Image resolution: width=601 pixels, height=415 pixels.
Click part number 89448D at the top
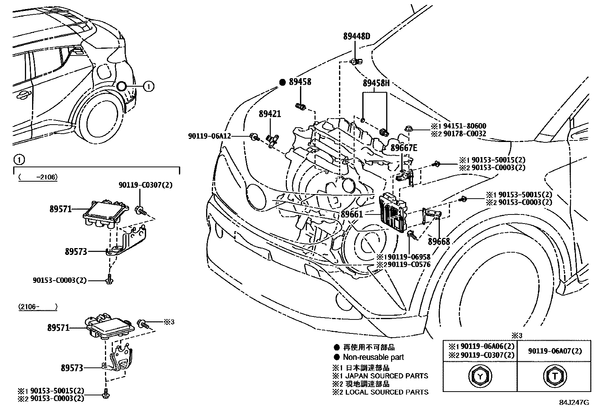coord(356,36)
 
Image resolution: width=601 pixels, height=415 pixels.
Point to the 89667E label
coord(404,148)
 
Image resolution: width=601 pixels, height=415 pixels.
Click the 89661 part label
coord(351,214)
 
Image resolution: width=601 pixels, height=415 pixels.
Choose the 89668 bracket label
coord(439,241)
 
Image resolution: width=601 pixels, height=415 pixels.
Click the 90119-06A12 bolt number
coord(209,136)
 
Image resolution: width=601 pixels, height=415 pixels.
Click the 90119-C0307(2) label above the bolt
coord(140,185)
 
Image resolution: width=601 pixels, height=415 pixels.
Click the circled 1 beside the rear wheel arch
coord(148,86)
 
